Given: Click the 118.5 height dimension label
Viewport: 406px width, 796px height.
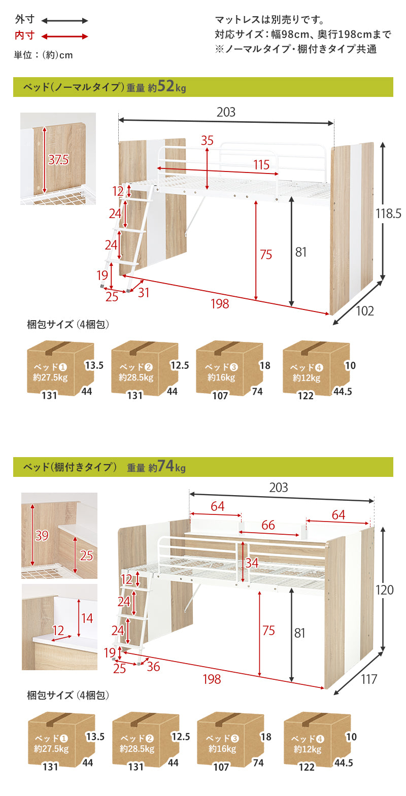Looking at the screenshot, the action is [x=388, y=214].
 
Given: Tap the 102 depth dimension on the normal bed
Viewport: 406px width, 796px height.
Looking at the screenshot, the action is [x=365, y=311].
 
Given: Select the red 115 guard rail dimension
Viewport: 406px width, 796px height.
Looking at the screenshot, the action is [x=261, y=165].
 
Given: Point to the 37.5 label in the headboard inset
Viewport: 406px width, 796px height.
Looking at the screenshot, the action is [x=58, y=160].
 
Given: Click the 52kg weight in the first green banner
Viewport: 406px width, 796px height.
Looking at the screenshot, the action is [x=172, y=86].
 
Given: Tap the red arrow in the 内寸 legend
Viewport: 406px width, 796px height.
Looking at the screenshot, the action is [x=64, y=36].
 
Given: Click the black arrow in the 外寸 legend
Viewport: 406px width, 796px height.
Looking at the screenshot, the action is [x=64, y=21].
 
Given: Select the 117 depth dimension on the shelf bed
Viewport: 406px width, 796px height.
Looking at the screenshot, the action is [x=369, y=679].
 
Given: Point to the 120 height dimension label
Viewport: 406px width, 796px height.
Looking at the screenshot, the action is [x=385, y=590].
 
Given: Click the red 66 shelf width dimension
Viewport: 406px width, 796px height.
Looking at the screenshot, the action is [x=268, y=525].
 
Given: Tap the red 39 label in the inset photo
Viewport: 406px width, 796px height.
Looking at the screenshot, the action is [x=42, y=536].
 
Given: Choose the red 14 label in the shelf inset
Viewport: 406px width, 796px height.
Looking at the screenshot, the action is [x=87, y=618].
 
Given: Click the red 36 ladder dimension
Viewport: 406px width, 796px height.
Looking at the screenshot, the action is [x=153, y=667].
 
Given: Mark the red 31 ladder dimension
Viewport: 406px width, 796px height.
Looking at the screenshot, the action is [x=143, y=293].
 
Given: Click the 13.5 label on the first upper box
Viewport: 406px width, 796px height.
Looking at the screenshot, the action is [x=94, y=365].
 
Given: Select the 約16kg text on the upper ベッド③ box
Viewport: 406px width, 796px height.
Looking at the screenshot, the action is [x=221, y=377].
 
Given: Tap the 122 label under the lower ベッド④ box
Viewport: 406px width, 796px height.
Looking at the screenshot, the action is [x=307, y=767].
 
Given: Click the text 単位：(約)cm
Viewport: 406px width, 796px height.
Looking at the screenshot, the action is [x=43, y=55].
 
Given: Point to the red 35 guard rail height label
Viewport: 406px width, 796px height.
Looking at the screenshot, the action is [x=207, y=141].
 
